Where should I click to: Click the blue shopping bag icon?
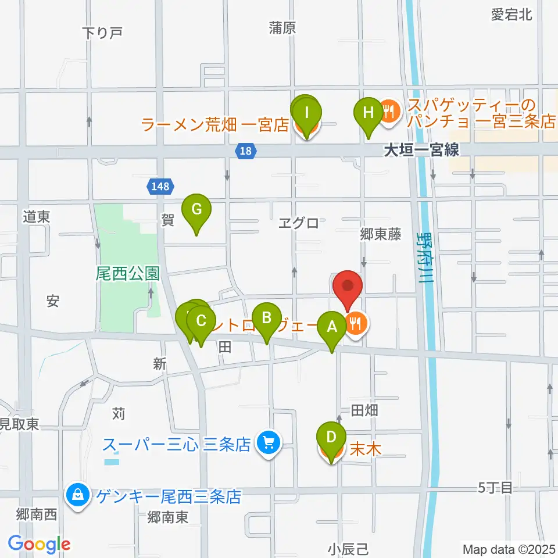pos(77,496)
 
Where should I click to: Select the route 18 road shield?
pos(246,151)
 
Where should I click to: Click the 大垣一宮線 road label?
pos(421,151)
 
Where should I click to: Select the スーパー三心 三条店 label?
pos(176,445)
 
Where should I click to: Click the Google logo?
pos(38,543)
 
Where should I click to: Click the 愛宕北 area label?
pos(512,15)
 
